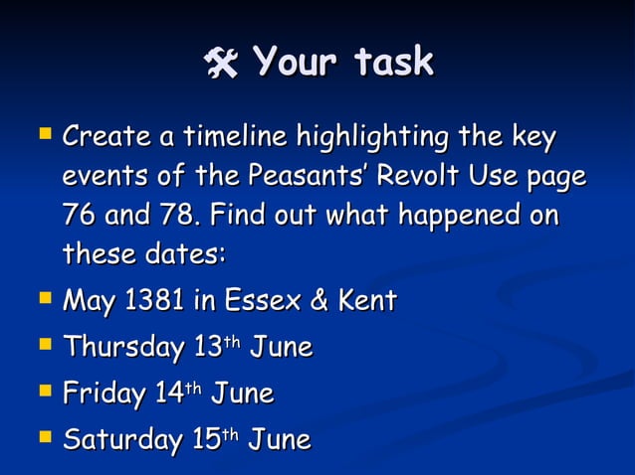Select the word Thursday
tap(122, 347)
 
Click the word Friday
tap(104, 394)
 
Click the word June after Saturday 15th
tap(280, 438)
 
